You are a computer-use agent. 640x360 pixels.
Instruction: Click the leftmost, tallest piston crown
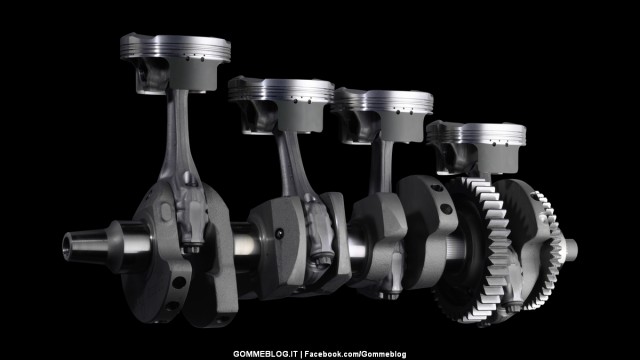176,61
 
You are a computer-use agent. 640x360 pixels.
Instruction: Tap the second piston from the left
282,105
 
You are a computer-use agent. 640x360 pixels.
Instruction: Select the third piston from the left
382,116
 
